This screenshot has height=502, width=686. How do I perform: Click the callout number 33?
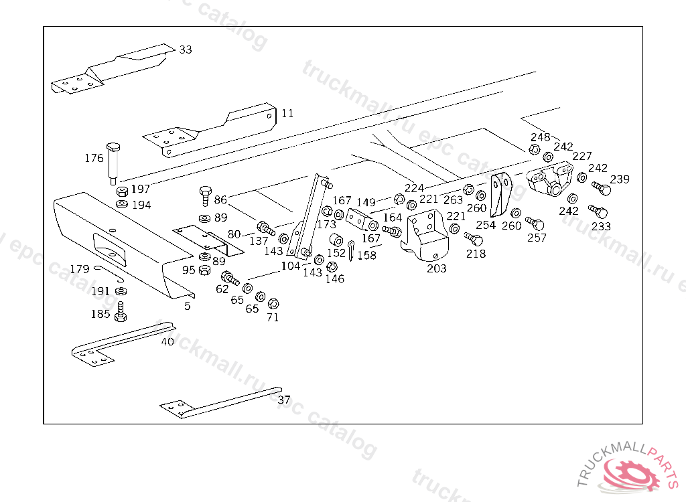[186, 50]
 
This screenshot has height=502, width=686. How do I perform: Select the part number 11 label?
[287, 113]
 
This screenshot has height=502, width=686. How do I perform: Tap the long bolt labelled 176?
[113, 161]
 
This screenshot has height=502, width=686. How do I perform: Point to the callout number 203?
[437, 268]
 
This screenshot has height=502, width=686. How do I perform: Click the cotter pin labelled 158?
[351, 248]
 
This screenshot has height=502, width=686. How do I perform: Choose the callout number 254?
[485, 225]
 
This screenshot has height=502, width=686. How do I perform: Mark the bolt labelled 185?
[121, 311]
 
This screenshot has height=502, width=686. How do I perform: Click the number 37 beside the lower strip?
[284, 400]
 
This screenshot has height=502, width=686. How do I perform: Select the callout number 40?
[167, 341]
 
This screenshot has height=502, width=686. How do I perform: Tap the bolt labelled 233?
[598, 212]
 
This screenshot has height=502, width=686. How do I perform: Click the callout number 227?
[582, 156]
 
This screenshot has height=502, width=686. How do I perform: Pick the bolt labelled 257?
[535, 223]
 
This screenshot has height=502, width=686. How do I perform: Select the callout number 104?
[290, 266]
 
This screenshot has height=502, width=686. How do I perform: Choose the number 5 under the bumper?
[188, 306]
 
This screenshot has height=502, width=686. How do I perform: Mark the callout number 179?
[80, 269]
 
